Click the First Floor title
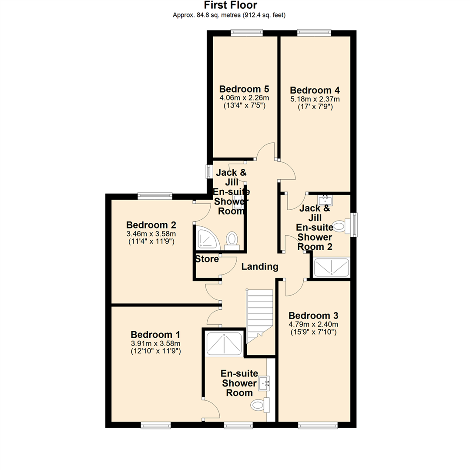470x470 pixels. [x=231, y=5]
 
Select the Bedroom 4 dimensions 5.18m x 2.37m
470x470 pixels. [x=315, y=99]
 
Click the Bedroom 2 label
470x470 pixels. [x=151, y=225]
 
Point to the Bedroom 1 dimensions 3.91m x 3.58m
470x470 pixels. [x=156, y=343]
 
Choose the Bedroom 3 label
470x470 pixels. [x=313, y=316]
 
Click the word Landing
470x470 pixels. [x=260, y=266]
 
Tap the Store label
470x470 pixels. [x=207, y=259]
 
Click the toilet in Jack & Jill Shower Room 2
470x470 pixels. [x=340, y=226]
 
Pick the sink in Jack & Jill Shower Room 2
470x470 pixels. [x=326, y=200]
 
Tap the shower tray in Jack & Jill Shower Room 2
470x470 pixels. [x=332, y=267]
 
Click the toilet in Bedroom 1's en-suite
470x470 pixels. [x=260, y=405]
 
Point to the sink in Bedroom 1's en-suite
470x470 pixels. [x=265, y=383]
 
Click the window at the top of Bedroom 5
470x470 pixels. [x=247, y=32]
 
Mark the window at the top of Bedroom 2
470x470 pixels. [x=155, y=196]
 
